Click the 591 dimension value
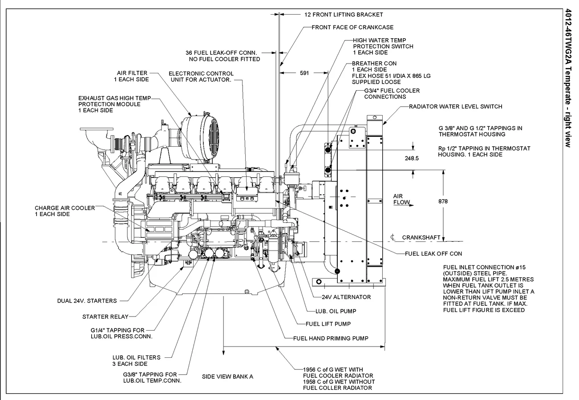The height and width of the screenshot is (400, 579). [304, 73]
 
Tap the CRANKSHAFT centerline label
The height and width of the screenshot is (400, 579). [421, 237]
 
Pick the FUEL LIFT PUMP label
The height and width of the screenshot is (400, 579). [328, 324]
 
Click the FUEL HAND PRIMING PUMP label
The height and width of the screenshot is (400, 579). [331, 338]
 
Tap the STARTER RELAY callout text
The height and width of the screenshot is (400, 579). [105, 316]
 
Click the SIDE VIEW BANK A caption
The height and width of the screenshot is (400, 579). [227, 376]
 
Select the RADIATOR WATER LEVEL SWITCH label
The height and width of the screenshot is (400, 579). [456, 106]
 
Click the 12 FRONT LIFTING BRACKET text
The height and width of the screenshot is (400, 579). [344, 14]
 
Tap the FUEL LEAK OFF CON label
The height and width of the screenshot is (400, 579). [433, 253]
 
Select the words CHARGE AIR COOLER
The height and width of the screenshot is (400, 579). [65, 208]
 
